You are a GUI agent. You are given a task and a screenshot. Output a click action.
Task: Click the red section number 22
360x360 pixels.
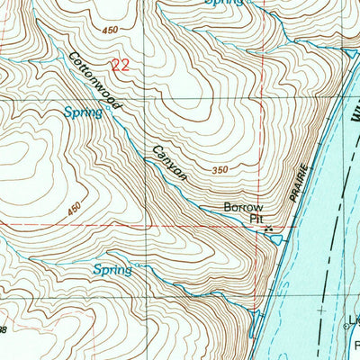tap(118, 64)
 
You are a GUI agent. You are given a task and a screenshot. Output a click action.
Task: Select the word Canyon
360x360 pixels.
tap(168, 162)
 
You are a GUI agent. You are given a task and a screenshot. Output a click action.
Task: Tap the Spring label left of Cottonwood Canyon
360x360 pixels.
tap(82, 112)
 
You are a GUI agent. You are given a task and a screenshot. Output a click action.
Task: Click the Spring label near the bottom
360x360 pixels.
tap(112, 269)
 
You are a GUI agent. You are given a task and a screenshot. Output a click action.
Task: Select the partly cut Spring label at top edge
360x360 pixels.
tap(224, 4)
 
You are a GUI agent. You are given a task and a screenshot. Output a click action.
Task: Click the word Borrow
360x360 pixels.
tap(244, 208)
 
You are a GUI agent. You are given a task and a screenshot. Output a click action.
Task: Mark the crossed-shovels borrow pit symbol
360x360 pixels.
tap(268, 231)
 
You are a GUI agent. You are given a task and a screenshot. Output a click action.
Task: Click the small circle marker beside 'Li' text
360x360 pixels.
tap(350, 328)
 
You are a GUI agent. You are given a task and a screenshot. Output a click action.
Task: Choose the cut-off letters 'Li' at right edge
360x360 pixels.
tap(355, 319)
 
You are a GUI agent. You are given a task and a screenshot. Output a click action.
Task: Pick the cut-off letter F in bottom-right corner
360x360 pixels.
tap(355, 344)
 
